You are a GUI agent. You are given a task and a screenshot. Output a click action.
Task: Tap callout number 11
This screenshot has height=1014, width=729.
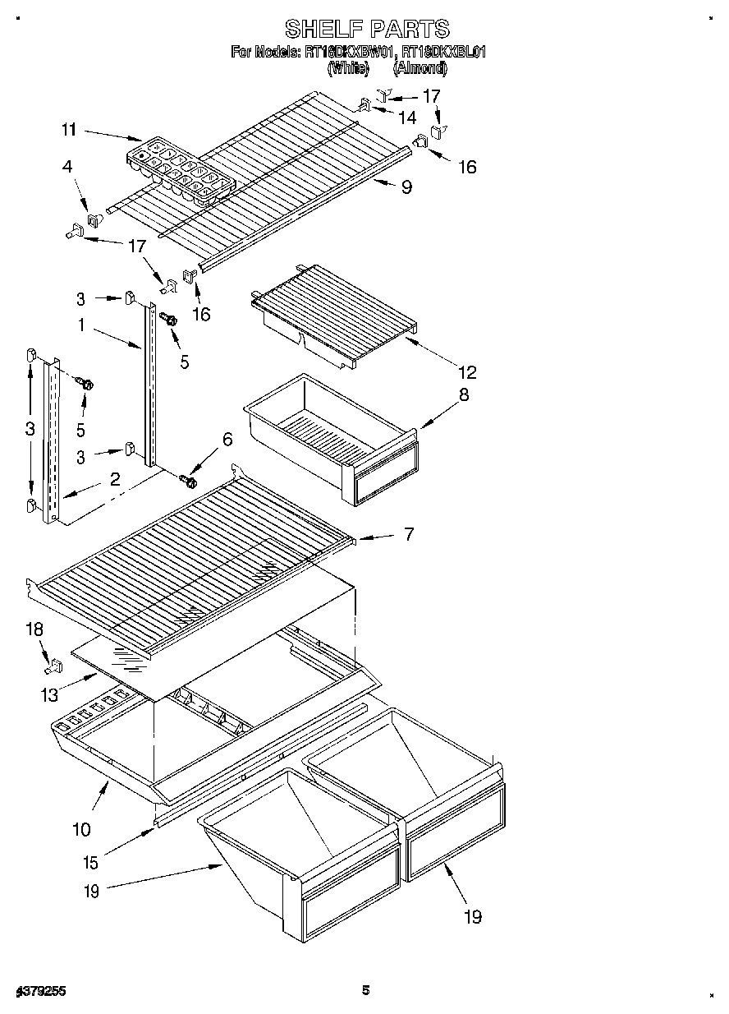tap(69, 129)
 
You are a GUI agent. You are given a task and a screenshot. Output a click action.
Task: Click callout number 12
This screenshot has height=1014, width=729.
tap(469, 372)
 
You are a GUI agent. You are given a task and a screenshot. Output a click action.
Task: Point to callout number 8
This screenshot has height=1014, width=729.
tap(464, 394)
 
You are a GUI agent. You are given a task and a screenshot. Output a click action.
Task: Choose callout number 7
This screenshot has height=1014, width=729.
tap(407, 535)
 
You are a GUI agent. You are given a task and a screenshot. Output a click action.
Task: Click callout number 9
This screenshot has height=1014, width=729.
tap(406, 187)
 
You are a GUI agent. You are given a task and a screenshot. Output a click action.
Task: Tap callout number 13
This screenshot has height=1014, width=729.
tap(50, 695)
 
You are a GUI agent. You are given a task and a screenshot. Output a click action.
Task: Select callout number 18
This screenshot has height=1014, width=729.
tap(34, 630)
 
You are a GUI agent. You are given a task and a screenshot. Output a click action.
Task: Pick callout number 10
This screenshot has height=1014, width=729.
tap(81, 829)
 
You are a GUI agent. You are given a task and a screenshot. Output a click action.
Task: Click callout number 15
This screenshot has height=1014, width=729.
tap(90, 863)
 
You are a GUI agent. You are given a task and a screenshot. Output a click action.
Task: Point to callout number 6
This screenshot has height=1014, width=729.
tap(227, 440)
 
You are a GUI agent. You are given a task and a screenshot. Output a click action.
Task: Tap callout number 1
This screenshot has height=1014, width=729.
tap(81, 325)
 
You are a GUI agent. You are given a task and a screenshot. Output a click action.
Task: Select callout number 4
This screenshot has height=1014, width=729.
tap(67, 166)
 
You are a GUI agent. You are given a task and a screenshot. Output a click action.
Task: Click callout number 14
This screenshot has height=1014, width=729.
tap(407, 118)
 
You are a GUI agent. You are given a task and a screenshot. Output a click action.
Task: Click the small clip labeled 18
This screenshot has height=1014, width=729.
tap(54, 665)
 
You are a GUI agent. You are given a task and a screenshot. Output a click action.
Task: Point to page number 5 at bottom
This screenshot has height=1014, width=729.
tap(366, 990)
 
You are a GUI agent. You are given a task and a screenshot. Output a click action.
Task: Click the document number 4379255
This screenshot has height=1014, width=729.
tap(39, 992)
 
